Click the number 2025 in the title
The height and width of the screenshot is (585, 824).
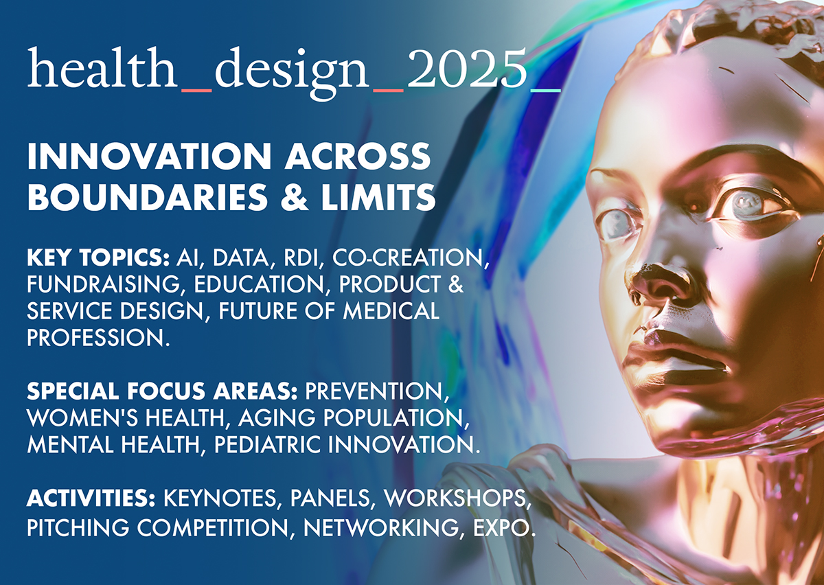(467, 68)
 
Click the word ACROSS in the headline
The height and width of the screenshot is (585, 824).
(357, 156)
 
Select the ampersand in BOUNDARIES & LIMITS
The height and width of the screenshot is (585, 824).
(294, 197)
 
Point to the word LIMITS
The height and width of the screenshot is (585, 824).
(378, 197)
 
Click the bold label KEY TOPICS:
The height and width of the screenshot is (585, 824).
(98, 257)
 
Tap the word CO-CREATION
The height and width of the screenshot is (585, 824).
(410, 258)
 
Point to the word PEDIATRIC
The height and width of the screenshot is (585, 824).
(267, 444)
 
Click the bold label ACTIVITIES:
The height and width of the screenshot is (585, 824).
(91, 498)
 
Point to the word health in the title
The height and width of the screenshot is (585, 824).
(102, 68)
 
